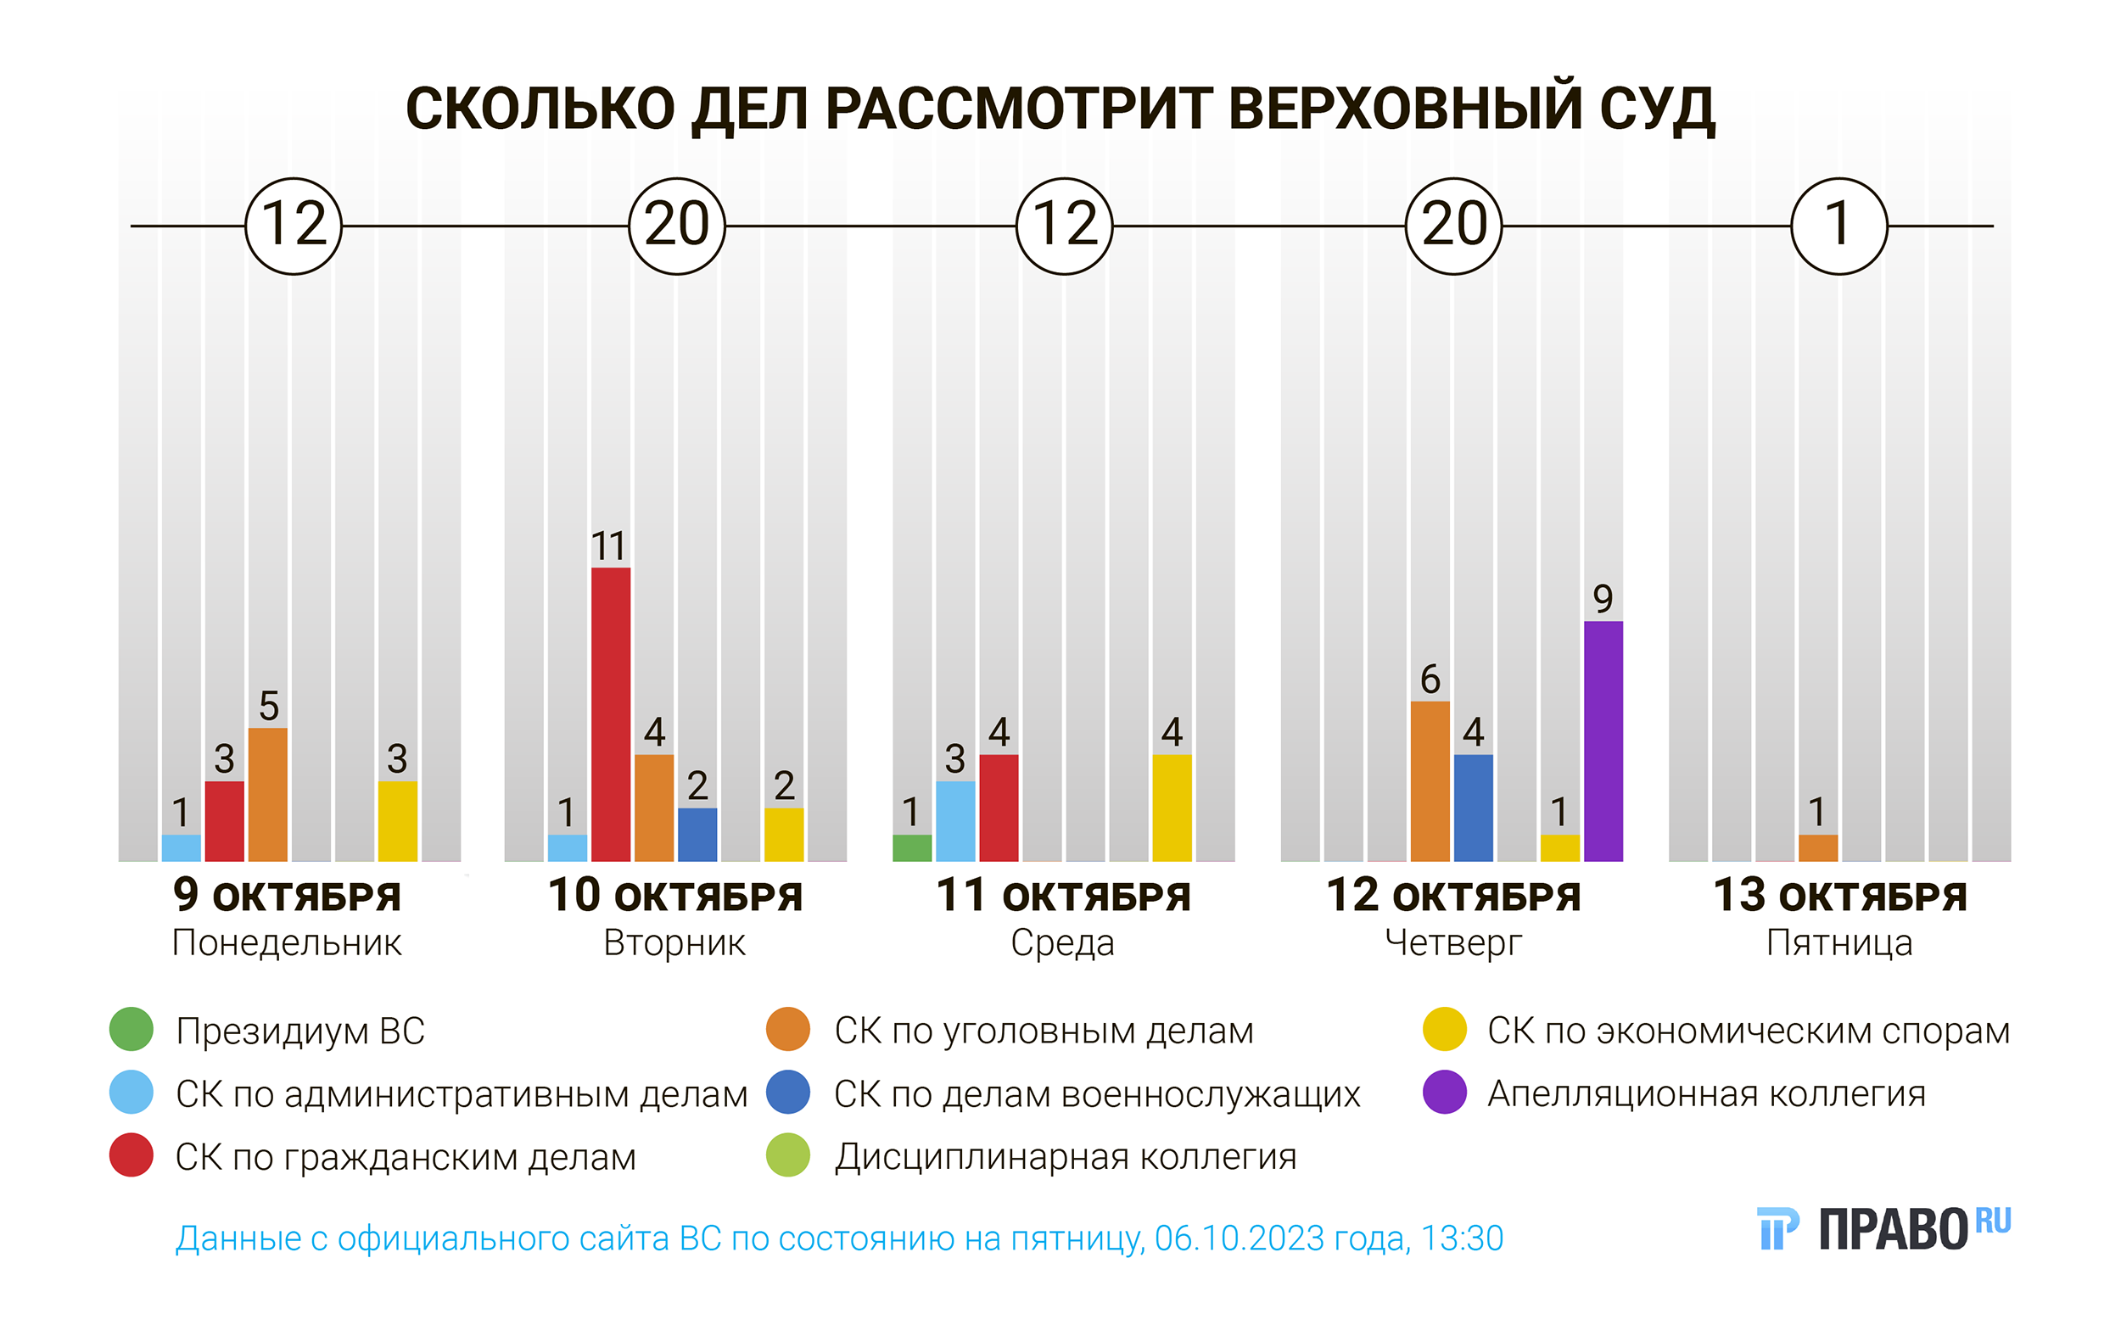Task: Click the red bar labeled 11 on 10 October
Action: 610,714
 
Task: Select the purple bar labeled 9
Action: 1603,741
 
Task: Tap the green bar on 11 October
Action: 911,847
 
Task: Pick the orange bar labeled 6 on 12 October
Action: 1430,780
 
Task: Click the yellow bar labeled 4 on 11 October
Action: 1171,807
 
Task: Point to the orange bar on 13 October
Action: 1818,847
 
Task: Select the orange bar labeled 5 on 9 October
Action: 267,794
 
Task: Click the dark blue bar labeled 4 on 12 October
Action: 1473,807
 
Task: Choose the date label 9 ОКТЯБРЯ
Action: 287,896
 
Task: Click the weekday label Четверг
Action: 1452,943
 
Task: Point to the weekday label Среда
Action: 1062,943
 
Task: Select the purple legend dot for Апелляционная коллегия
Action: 1444,1092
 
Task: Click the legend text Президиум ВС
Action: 299,1031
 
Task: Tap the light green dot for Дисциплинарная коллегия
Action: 787,1155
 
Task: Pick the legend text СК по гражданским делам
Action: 405,1157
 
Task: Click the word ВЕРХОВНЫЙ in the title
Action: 1405,109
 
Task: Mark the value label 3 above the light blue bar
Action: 954,759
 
